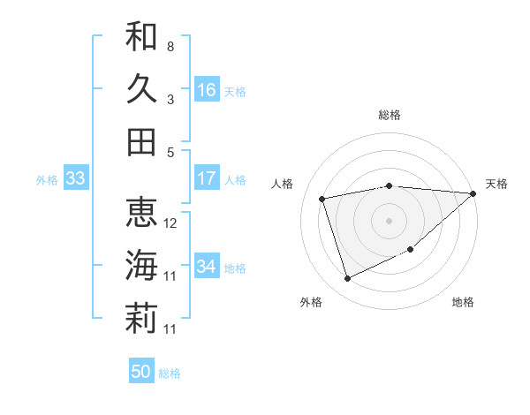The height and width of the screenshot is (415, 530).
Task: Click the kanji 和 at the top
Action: pyautogui.click(x=141, y=37)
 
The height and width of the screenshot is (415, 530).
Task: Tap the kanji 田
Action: pyautogui.click(x=141, y=141)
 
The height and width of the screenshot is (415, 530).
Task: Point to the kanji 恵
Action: pyautogui.click(x=141, y=213)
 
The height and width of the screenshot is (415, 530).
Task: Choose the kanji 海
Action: pyautogui.click(x=141, y=265)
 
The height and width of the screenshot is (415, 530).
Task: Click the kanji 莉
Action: pyautogui.click(x=141, y=318)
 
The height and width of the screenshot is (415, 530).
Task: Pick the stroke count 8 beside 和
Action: pyautogui.click(x=170, y=46)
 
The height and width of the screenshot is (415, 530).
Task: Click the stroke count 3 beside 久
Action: pyautogui.click(x=170, y=99)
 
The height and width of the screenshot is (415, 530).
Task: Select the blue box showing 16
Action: pyautogui.click(x=207, y=90)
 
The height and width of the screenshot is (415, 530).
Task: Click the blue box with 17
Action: pyautogui.click(x=207, y=178)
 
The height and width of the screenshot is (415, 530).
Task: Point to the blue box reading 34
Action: pyautogui.click(x=207, y=267)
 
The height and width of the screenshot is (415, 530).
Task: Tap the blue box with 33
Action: pyautogui.click(x=75, y=178)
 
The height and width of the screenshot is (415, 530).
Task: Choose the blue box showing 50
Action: pyautogui.click(x=141, y=372)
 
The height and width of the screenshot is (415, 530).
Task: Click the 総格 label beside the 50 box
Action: pyautogui.click(x=170, y=373)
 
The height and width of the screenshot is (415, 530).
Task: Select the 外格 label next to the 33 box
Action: pyautogui.click(x=47, y=180)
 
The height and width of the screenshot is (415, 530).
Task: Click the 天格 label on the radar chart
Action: pyautogui.click(x=496, y=184)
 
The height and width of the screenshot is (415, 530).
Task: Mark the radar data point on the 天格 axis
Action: pyautogui.click(x=473, y=194)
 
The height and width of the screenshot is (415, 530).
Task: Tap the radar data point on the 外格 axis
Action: pyautogui.click(x=347, y=279)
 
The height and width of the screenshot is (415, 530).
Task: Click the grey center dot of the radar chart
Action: pyautogui.click(x=389, y=220)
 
